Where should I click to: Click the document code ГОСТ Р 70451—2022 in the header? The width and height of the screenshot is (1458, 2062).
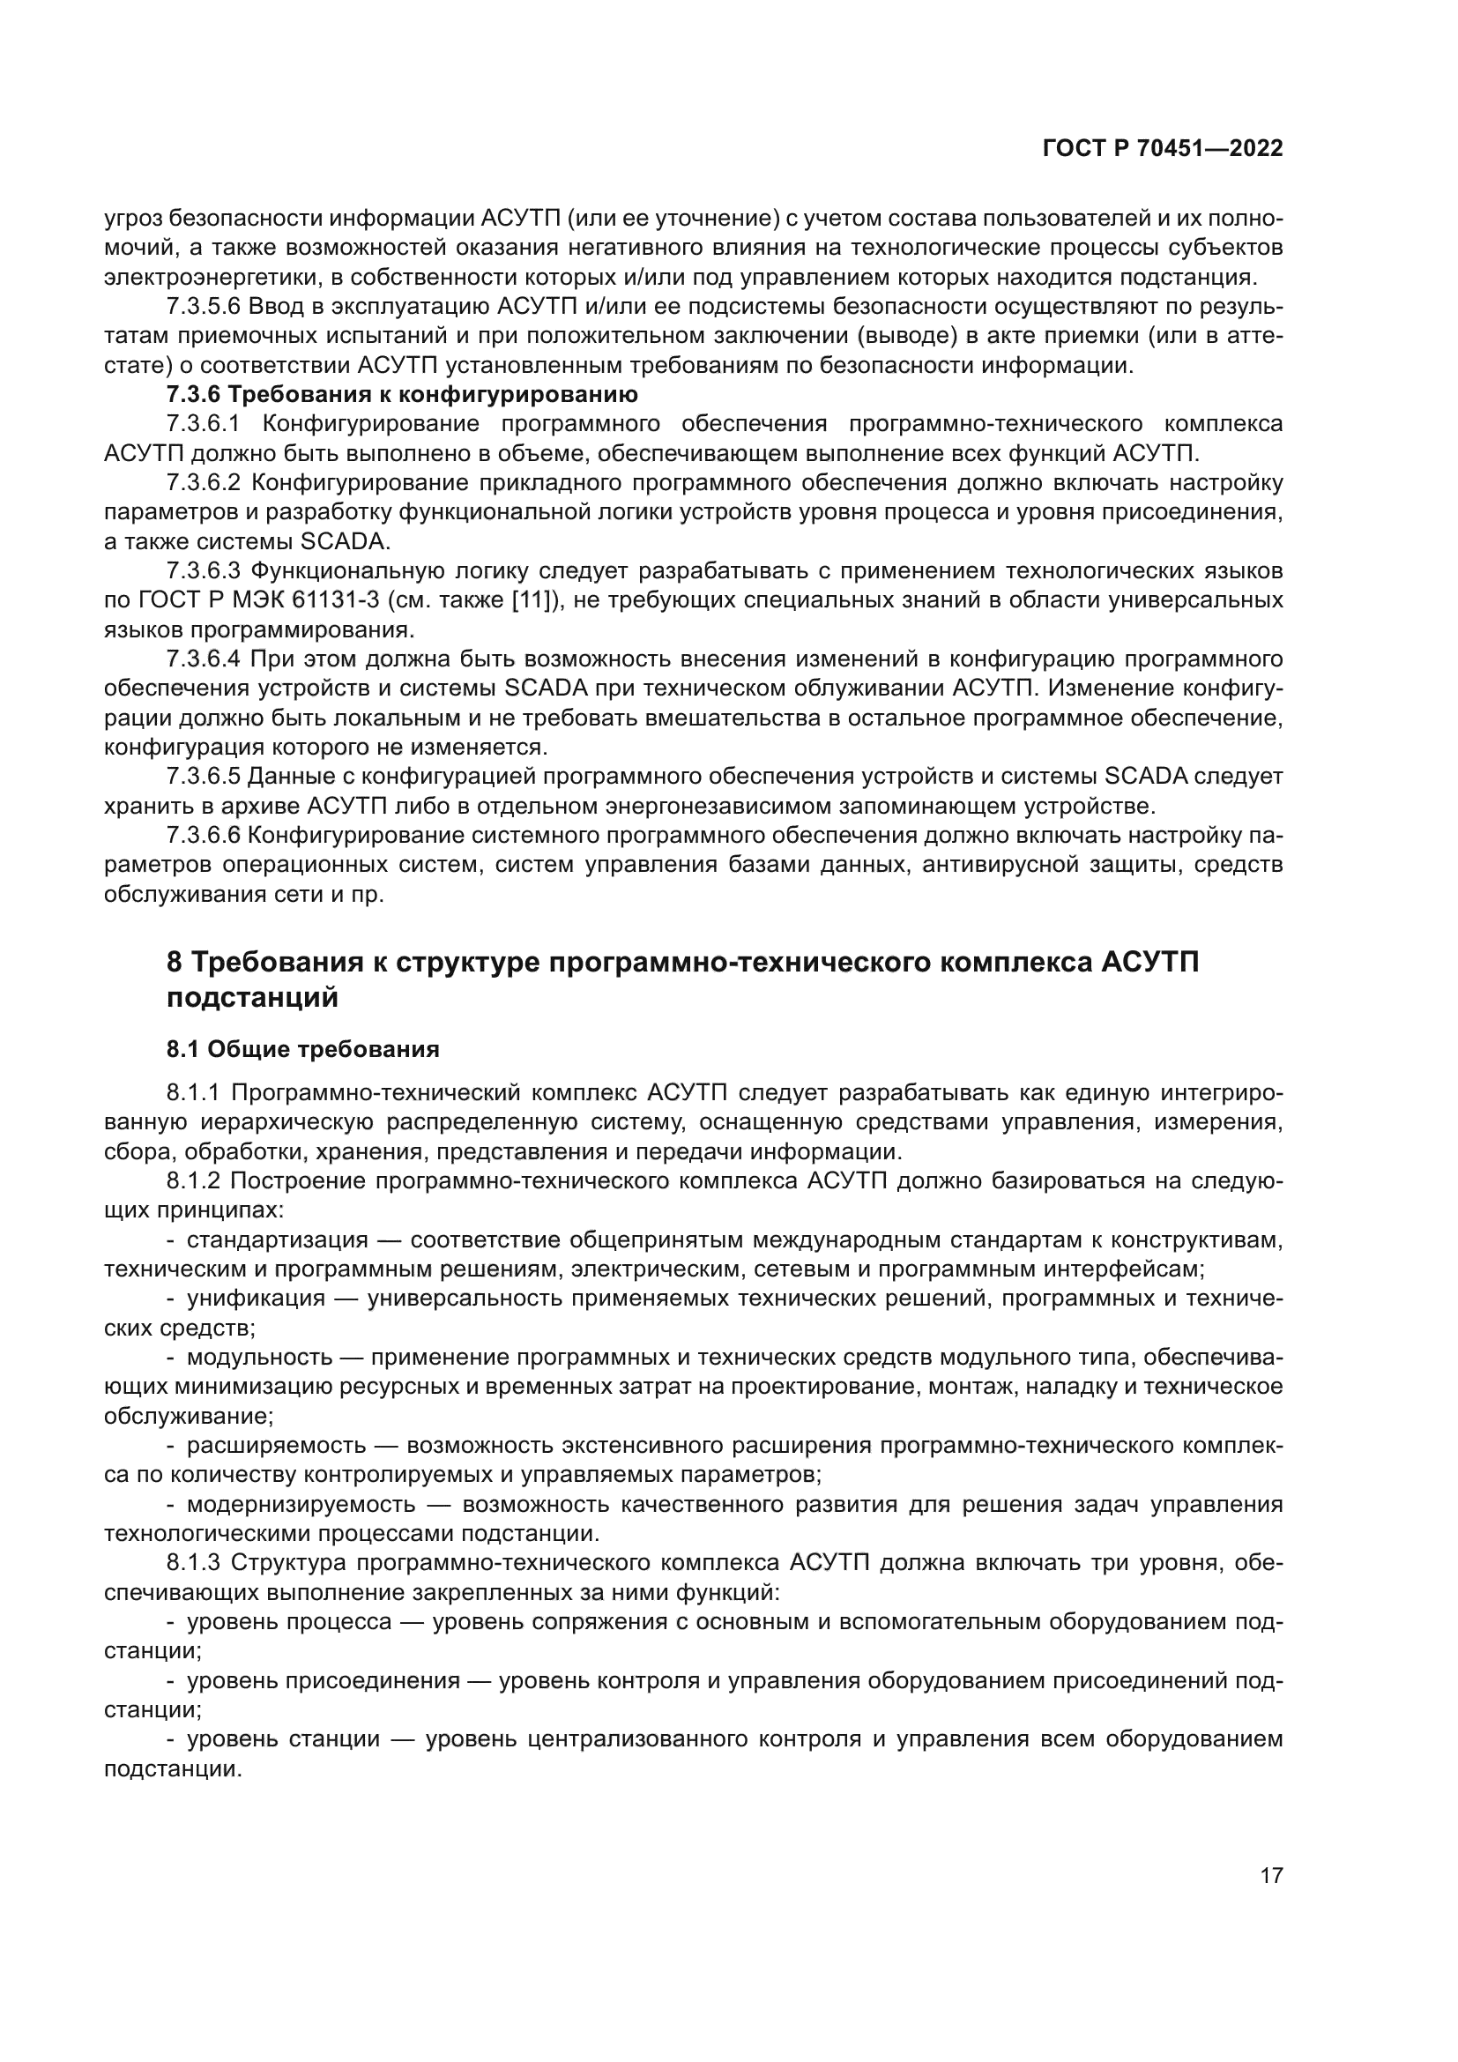(1163, 149)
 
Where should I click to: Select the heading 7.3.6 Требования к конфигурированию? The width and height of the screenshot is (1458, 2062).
(402, 394)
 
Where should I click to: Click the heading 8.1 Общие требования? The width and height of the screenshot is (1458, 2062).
(302, 1049)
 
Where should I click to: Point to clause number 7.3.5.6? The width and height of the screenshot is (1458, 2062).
(204, 306)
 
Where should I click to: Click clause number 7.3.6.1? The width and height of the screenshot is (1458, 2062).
(204, 424)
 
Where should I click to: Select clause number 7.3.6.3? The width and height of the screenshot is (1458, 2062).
(204, 570)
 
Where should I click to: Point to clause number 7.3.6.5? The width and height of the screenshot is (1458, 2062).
(204, 776)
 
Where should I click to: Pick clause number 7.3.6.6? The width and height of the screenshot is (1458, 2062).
(204, 835)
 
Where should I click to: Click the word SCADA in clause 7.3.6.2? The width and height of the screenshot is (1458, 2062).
(345, 541)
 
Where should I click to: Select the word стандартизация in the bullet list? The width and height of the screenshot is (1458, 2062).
(278, 1240)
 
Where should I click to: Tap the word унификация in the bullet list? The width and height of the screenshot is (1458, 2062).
(256, 1299)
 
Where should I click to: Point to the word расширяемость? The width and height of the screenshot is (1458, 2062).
(277, 1445)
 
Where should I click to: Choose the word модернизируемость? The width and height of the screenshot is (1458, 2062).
(301, 1504)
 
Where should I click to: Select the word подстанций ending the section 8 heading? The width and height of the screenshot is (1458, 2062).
(252, 998)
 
